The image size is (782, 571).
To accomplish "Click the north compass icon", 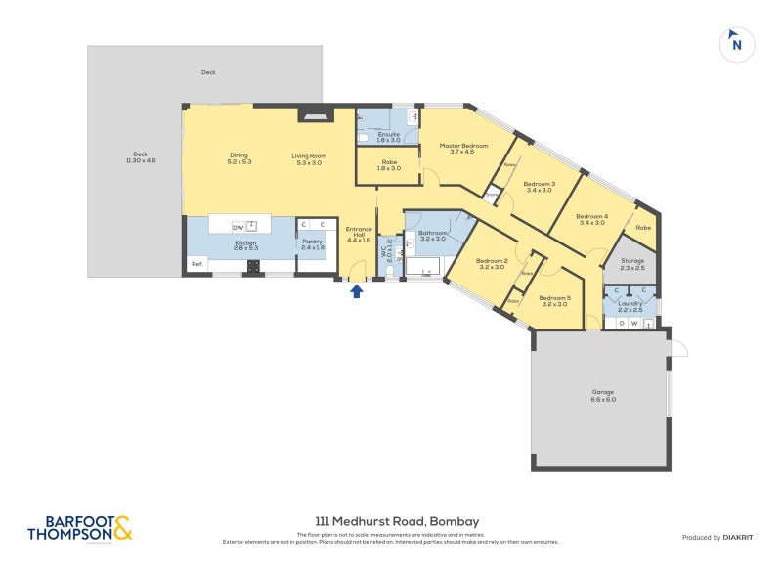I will point(737,44).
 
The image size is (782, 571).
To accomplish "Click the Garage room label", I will point(603,395).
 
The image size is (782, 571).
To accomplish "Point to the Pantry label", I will point(312,244).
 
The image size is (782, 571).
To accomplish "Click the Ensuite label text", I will point(388,136).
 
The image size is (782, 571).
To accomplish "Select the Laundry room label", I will point(630,306).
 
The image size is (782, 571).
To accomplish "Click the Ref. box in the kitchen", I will point(196,264).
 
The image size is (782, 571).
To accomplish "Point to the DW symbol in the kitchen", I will point(238,228).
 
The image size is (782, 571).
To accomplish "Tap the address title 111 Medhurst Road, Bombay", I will point(397,521).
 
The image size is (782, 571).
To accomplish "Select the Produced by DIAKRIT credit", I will point(717,537).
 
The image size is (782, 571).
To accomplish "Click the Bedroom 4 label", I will point(591,219).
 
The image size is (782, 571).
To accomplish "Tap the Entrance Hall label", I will point(359,236).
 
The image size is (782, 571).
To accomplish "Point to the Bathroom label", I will point(432,235).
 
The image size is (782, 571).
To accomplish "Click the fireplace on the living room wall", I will point(314,113).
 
